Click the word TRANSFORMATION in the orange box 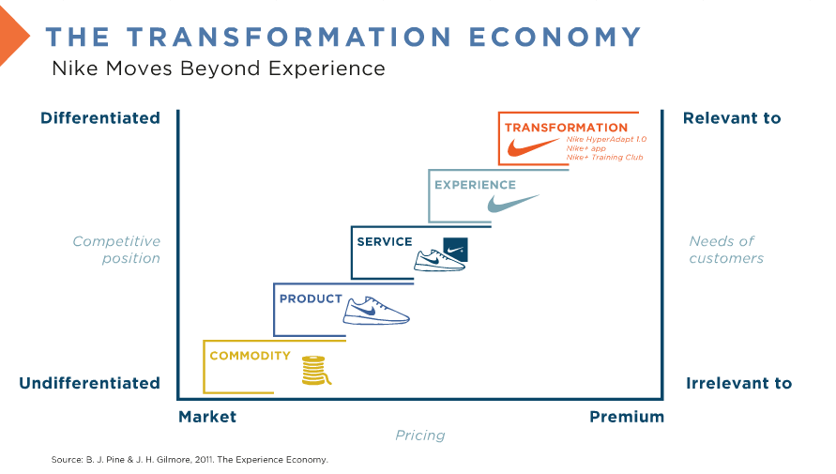click(566, 128)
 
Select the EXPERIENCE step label click(475, 185)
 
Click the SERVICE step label click(385, 242)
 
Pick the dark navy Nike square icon click(456, 250)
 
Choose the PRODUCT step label click(311, 299)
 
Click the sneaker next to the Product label click(376, 311)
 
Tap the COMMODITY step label click(251, 356)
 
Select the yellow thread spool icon click(315, 371)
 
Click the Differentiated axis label click(100, 118)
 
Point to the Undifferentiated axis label click(89, 383)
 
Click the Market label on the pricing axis click(207, 417)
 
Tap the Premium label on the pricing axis click(627, 417)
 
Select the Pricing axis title click(420, 436)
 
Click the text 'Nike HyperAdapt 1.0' click(606, 139)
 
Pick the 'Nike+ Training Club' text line click(604, 158)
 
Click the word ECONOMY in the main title click(555, 37)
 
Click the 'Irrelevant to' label click(739, 383)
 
